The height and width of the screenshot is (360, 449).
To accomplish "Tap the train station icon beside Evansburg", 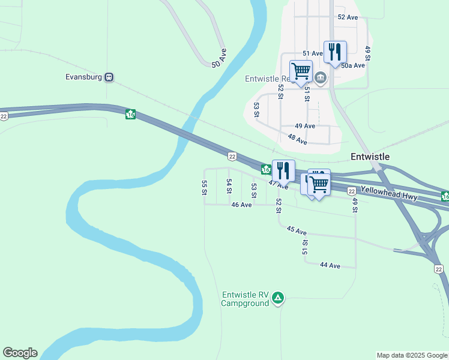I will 109,77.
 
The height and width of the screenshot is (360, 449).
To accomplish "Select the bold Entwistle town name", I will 370,157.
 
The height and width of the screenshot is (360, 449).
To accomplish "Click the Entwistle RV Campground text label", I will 244,299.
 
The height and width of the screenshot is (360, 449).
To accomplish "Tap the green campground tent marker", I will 278,298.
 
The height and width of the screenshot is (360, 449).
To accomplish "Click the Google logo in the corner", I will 20,353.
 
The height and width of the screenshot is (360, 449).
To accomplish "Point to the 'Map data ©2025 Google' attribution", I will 412,355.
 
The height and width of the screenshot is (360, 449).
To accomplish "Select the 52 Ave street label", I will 348,17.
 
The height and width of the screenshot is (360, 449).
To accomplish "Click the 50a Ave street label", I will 353,65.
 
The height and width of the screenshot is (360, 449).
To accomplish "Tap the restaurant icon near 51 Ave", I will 335,52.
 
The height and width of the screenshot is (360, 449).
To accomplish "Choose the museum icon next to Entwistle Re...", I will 321,77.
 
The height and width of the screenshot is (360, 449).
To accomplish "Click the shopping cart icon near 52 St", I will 301,71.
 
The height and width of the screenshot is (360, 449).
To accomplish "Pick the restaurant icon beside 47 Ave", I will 283,170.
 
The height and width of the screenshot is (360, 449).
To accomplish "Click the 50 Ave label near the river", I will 218,58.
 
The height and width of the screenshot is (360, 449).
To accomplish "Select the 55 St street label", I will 205,188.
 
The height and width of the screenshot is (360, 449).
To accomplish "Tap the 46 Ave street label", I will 241,205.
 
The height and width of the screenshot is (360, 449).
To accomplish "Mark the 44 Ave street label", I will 330,265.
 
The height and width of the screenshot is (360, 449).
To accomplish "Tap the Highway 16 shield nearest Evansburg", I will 130,114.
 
